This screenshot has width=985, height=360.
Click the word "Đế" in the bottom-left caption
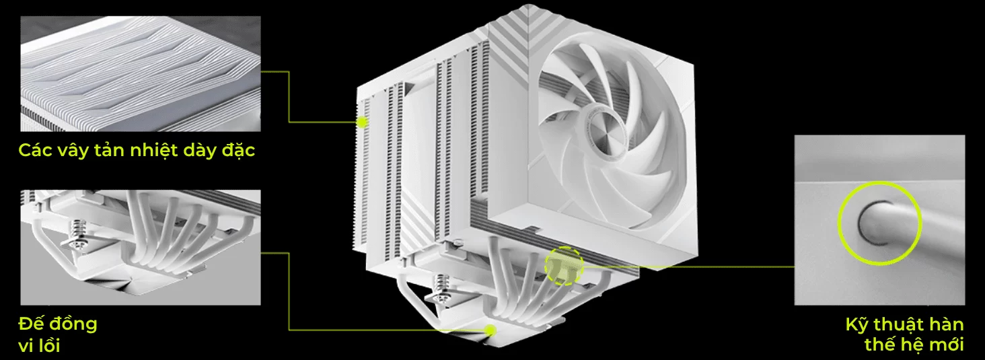[x=30, y=323]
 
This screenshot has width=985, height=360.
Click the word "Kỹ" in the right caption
[x=856, y=325]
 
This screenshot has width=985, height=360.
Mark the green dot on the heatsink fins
[x=362, y=122]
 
